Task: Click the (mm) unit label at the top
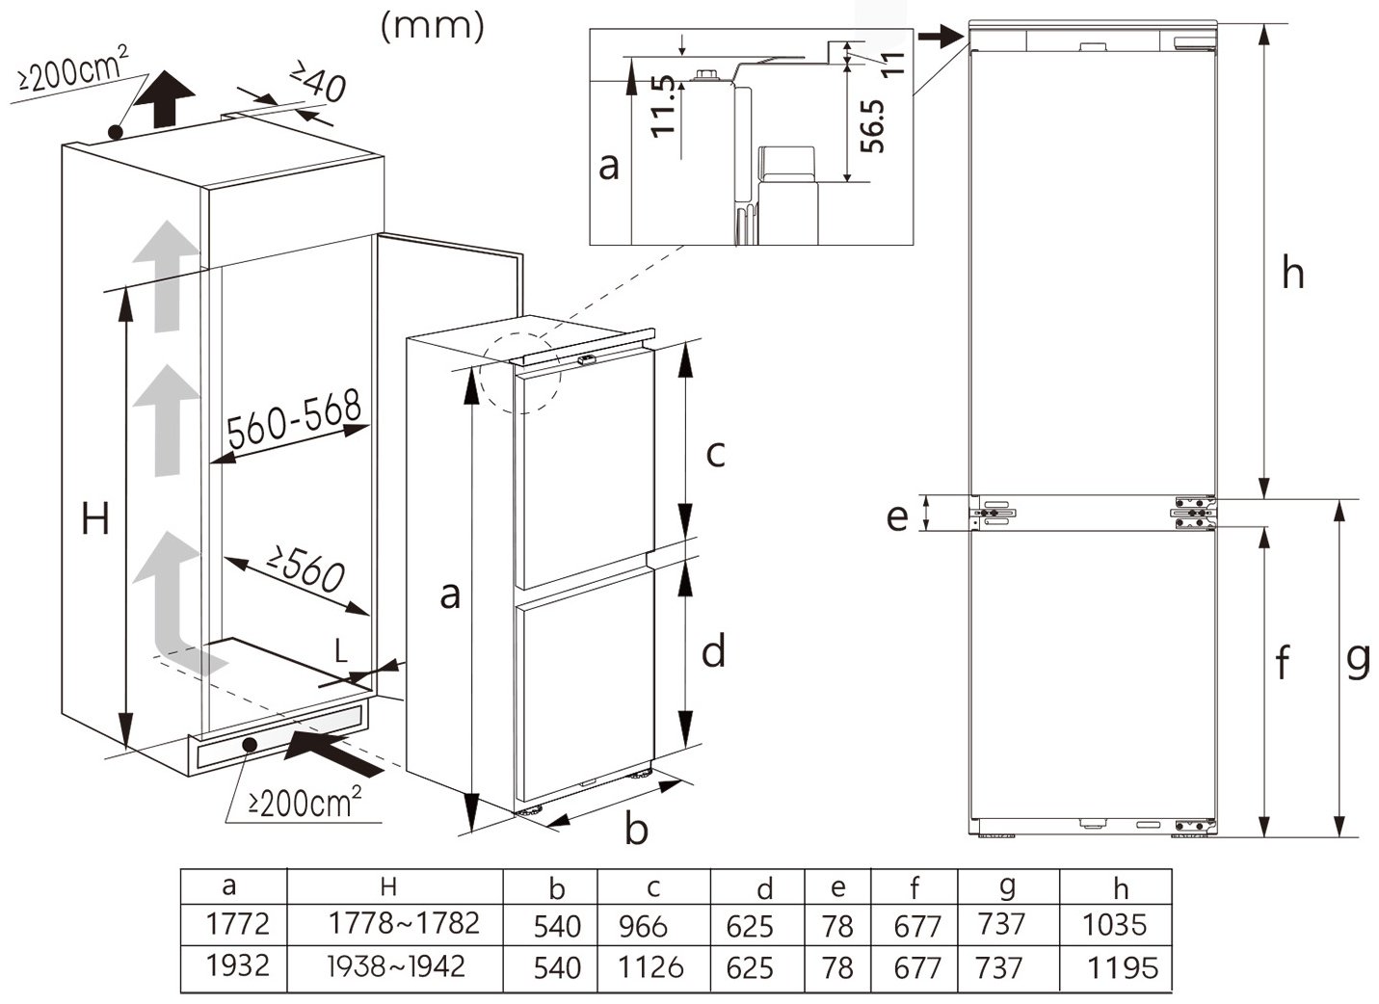(433, 27)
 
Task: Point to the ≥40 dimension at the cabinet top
(318, 81)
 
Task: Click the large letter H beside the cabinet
(95, 518)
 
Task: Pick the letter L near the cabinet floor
(341, 650)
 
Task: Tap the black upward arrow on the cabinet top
(165, 98)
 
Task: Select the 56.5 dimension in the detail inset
(872, 126)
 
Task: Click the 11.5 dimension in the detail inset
(663, 107)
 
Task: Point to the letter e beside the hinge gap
(897, 517)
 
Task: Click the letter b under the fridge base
(636, 828)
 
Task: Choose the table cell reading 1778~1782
(404, 923)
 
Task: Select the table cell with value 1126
(650, 967)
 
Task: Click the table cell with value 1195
(1123, 967)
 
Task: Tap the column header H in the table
(387, 886)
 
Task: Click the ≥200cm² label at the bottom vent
(305, 802)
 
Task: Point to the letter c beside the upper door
(715, 454)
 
